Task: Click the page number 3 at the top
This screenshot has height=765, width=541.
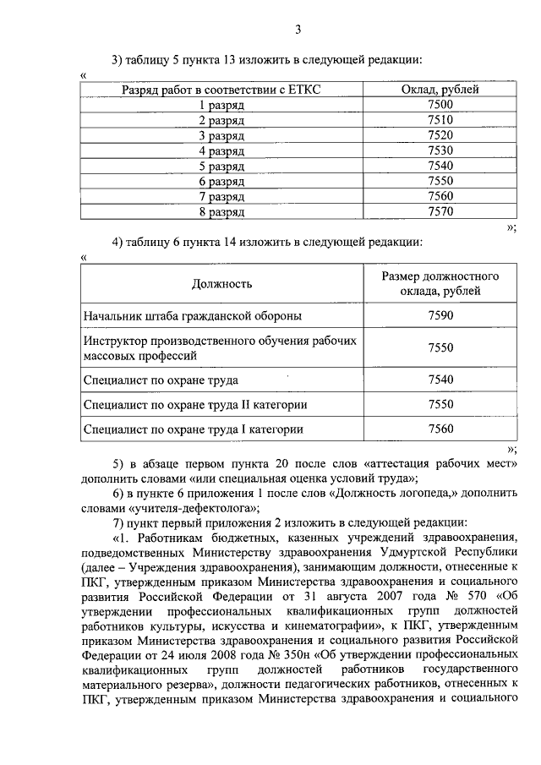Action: pyautogui.click(x=298, y=31)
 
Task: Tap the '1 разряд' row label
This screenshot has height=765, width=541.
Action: pyautogui.click(x=221, y=105)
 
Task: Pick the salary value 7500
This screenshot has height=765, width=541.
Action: pyautogui.click(x=440, y=105)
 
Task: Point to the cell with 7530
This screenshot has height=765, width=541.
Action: pyautogui.click(x=440, y=150)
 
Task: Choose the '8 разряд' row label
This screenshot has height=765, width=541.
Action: pyautogui.click(x=221, y=211)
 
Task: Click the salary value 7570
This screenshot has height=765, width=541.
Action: pyautogui.click(x=440, y=211)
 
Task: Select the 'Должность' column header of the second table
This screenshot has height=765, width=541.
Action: pyautogui.click(x=221, y=284)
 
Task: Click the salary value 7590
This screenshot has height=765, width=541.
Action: pyautogui.click(x=440, y=316)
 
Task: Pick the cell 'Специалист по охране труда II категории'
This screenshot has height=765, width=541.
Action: pyautogui.click(x=195, y=405)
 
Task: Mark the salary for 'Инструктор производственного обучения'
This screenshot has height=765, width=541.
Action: pyautogui.click(x=440, y=347)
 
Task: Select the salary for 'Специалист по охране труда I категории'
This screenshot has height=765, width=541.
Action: pyautogui.click(x=440, y=429)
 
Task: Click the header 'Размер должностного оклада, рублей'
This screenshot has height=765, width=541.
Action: pyautogui.click(x=440, y=284)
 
